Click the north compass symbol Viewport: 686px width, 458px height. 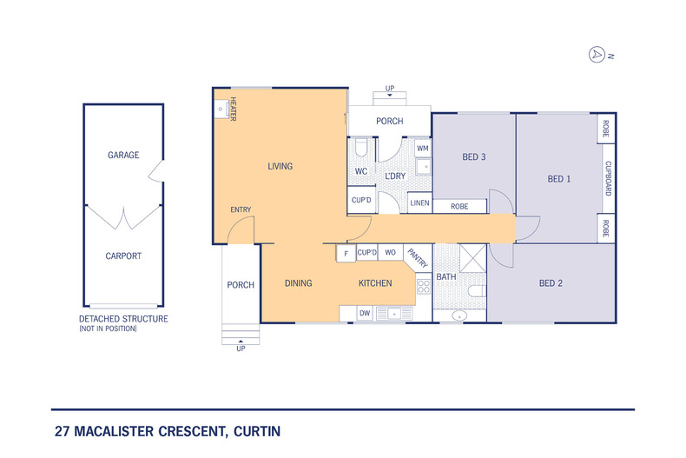click(597, 54)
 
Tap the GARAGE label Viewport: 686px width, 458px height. click(123, 155)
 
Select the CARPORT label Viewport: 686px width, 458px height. click(123, 256)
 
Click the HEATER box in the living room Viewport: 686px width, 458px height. click(222, 110)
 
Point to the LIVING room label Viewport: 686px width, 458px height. click(280, 166)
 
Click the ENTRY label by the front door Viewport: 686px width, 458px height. click(241, 209)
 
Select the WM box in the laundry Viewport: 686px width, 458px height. click(423, 149)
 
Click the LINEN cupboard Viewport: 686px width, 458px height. click(419, 203)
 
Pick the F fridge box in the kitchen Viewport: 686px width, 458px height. click(346, 253)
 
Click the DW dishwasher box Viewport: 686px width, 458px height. click(364, 313)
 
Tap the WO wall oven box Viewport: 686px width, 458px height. click(391, 253)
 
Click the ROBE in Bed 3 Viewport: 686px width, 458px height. click(460, 207)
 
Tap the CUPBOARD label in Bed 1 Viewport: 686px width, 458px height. click(607, 177)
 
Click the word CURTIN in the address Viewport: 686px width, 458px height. click(254, 431)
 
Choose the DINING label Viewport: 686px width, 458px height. click(299, 283)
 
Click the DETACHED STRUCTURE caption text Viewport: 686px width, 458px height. click(123, 319)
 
